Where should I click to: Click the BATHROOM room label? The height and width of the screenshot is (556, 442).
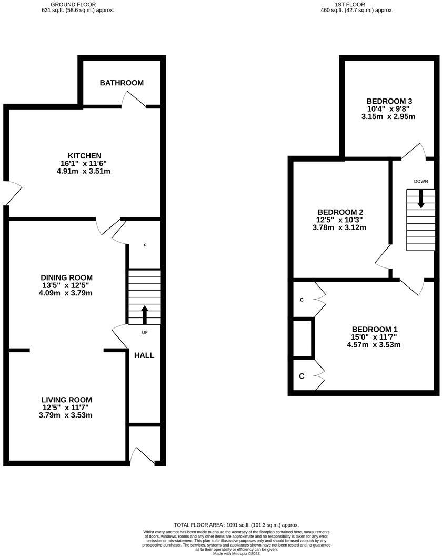click(122, 83)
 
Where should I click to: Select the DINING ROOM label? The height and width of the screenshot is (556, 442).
click(67, 277)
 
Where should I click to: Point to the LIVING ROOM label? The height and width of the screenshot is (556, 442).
click(67, 400)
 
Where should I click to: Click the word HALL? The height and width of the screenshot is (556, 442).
click(144, 355)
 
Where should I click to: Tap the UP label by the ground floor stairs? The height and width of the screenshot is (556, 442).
click(145, 332)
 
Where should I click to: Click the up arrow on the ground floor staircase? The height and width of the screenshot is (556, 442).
click(145, 314)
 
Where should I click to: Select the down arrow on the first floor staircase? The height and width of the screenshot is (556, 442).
click(421, 198)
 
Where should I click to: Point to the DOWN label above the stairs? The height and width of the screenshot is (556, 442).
click(421, 181)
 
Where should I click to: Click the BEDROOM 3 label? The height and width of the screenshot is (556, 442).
click(389, 101)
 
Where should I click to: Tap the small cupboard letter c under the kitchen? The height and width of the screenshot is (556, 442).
click(145, 245)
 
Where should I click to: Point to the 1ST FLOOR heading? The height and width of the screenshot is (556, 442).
click(357, 4)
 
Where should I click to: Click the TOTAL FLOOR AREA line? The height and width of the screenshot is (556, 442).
click(236, 525)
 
